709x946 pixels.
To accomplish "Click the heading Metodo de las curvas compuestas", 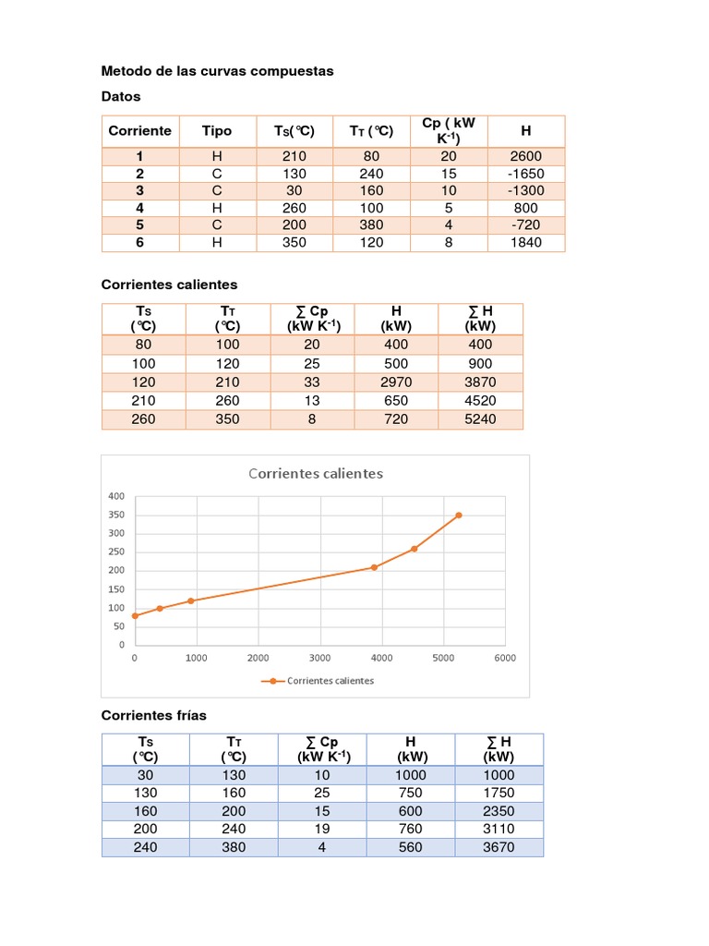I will [x=217, y=70].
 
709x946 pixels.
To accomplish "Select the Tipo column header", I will [x=217, y=130].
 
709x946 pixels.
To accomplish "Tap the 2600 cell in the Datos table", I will [x=526, y=156].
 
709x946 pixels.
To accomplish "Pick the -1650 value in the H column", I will [x=526, y=174].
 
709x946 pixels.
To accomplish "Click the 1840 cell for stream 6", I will [x=526, y=243].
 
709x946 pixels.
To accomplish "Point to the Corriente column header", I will [x=140, y=130].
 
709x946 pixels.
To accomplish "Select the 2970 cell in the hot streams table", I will [x=396, y=382].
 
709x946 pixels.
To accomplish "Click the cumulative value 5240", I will [x=480, y=418].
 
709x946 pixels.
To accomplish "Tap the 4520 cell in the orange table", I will [x=480, y=400].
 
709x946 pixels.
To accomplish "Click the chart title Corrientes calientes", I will [x=315, y=474].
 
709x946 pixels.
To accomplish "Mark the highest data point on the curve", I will [x=459, y=515].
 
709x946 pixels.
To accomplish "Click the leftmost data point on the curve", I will [x=135, y=615].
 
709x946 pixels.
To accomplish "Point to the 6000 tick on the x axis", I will [x=504, y=658].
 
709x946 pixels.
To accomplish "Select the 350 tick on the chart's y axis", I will [x=116, y=515].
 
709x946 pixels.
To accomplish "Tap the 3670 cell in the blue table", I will [x=499, y=847].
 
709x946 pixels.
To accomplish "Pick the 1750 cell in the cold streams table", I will [x=499, y=793].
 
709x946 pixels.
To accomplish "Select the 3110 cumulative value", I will [x=499, y=829].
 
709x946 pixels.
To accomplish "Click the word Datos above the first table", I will [x=121, y=96].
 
